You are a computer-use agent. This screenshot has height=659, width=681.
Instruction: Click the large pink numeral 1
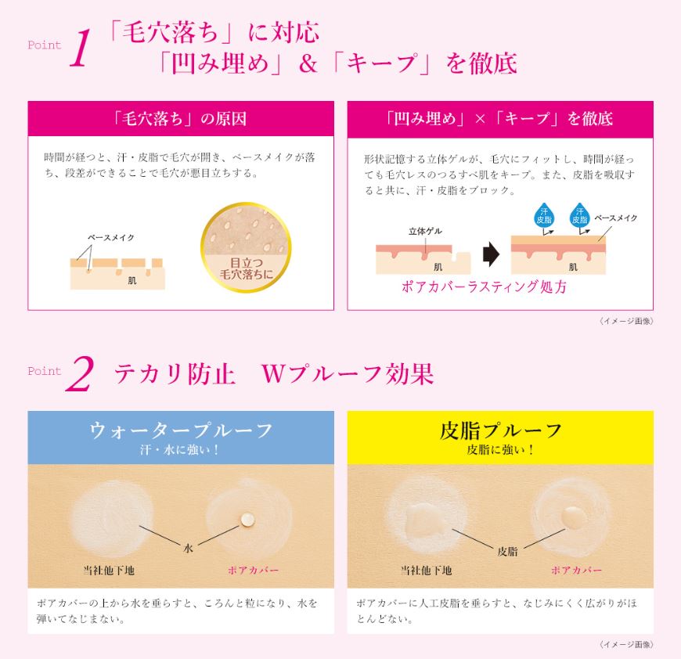point(81,48)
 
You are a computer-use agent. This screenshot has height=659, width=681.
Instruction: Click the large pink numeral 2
point(80,374)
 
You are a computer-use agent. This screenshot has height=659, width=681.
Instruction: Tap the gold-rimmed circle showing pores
point(246,247)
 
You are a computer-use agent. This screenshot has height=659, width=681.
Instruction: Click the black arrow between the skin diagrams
point(492,254)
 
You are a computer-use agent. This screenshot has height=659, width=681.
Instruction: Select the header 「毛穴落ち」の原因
point(180,118)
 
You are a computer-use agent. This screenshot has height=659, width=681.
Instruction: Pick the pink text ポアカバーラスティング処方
point(484,286)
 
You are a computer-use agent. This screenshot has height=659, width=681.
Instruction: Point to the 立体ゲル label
point(425,231)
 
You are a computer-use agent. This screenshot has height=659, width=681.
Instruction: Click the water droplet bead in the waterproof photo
point(247,518)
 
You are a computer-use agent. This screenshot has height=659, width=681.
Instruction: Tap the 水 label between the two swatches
point(188,549)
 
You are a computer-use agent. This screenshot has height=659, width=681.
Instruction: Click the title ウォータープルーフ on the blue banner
point(181,430)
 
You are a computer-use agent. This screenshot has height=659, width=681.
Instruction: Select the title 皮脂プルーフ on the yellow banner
point(500,430)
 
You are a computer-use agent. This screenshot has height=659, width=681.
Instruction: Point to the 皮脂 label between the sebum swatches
point(507,551)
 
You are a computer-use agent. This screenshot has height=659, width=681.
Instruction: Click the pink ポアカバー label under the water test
point(253,570)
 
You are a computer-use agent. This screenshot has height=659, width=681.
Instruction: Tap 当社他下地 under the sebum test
point(426,570)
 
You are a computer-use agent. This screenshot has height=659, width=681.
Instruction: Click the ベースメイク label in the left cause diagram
point(110,237)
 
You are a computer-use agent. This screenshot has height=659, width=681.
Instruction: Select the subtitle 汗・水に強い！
point(180,450)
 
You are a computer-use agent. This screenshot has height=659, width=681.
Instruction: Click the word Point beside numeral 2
point(45,371)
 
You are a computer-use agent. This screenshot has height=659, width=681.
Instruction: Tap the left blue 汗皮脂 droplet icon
point(544,215)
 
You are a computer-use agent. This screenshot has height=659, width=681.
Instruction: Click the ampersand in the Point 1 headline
point(308,64)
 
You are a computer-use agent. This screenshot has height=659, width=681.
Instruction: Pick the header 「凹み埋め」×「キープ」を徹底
point(500,118)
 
